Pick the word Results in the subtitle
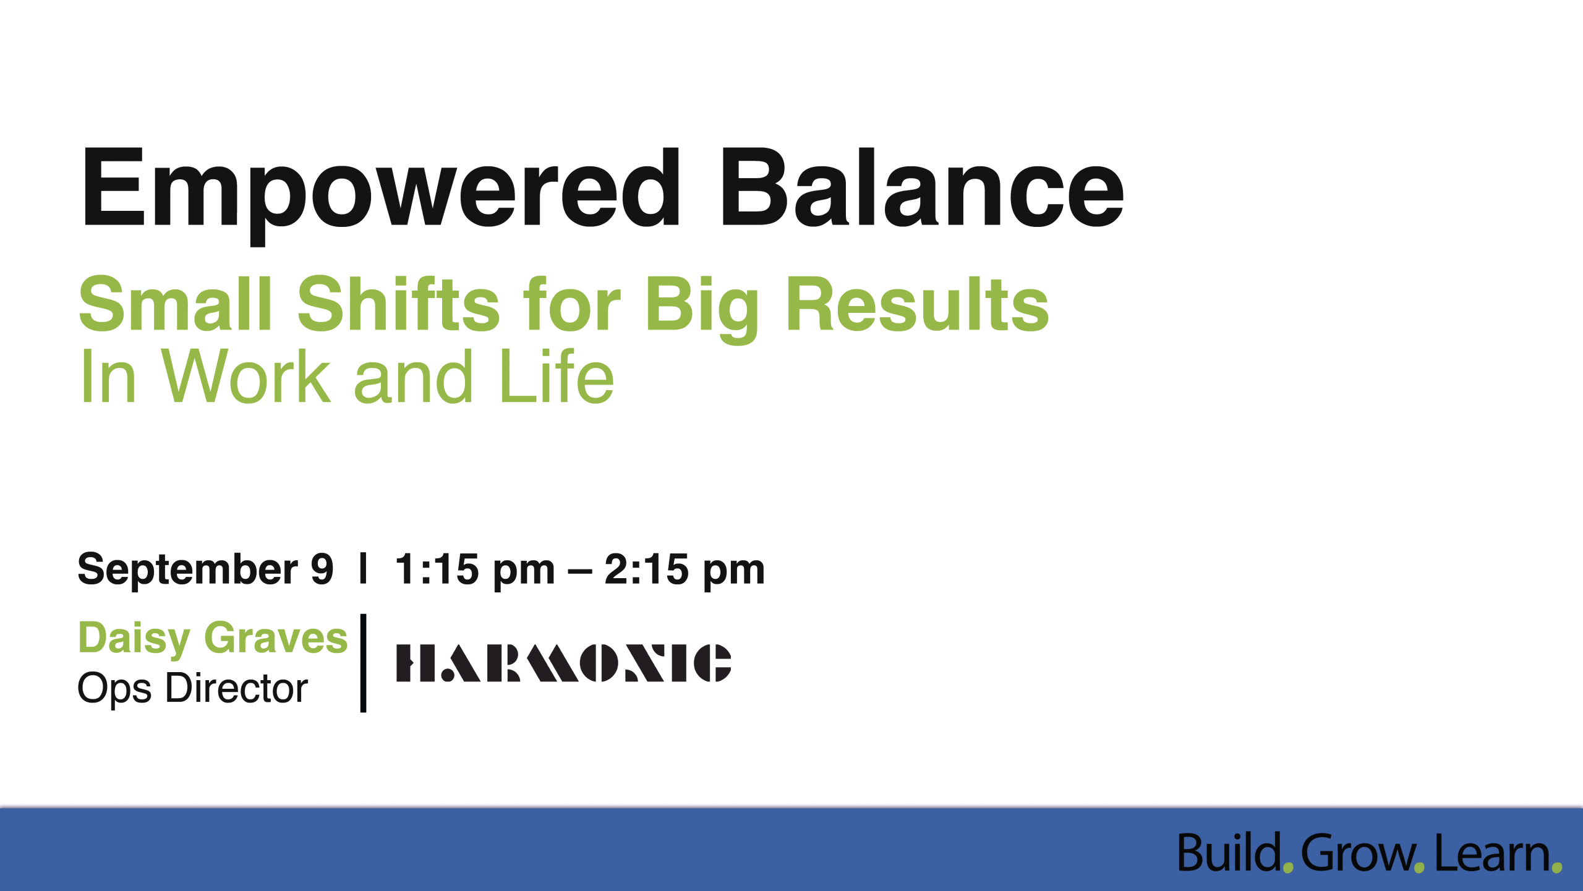tap(918, 304)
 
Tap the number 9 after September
tap(322, 569)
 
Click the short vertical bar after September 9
tap(364, 568)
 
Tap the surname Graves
tap(276, 637)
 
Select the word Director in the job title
tap(237, 688)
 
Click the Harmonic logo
tap(563, 663)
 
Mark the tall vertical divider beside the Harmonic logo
tap(364, 663)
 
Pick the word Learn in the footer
tap(1492, 854)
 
